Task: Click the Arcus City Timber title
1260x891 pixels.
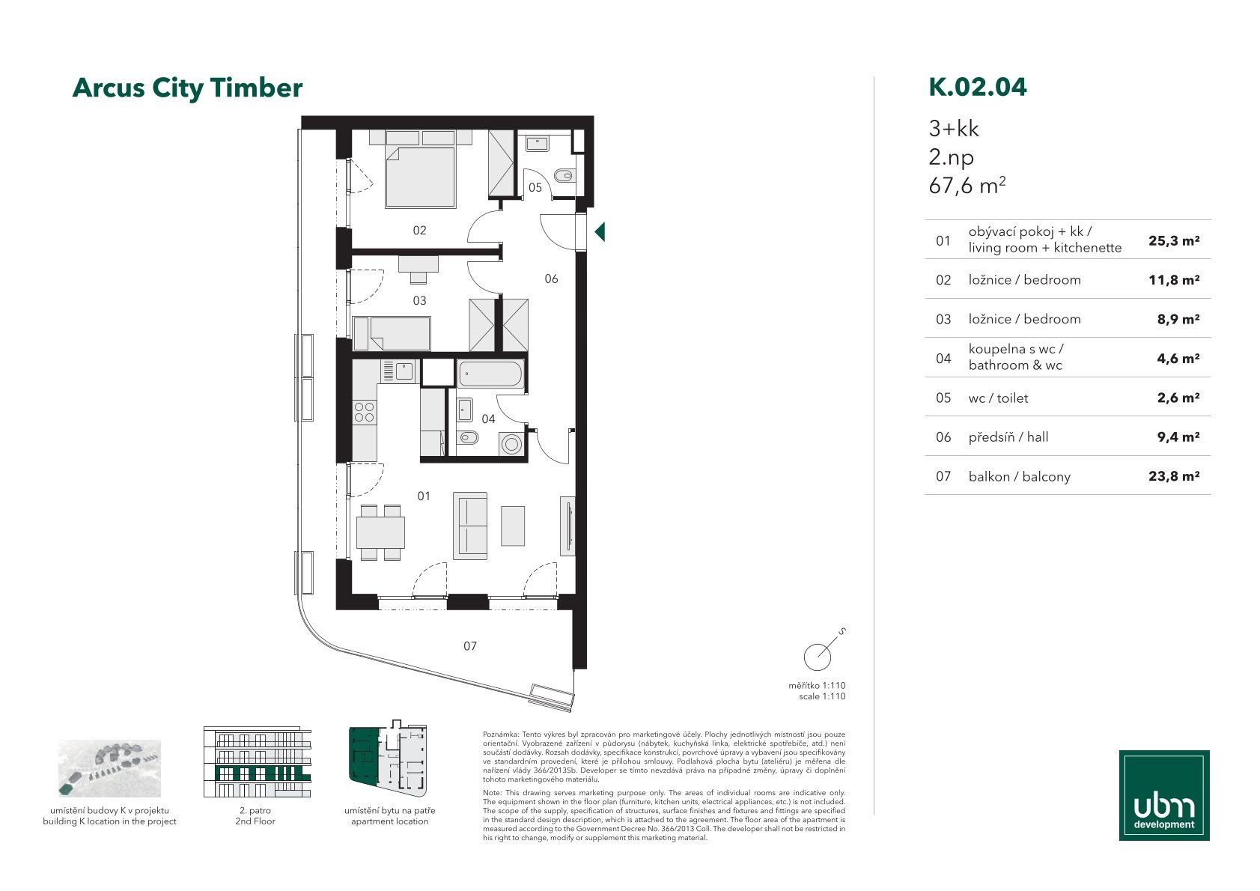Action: (187, 88)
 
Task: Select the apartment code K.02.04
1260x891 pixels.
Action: (978, 87)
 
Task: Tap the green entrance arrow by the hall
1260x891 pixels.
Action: (600, 232)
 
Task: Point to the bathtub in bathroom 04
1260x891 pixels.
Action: (490, 374)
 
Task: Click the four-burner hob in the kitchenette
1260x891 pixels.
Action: (364, 412)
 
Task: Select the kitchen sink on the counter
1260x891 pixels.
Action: (404, 371)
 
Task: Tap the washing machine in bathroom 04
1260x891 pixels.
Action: (511, 444)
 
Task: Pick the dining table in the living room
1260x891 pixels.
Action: (380, 532)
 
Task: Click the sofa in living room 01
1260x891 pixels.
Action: (470, 526)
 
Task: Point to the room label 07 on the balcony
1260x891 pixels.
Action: (470, 646)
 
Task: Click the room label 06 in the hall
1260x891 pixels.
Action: (551, 279)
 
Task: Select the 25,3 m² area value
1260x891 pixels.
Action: (1174, 241)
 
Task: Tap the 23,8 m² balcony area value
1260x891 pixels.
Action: (1174, 476)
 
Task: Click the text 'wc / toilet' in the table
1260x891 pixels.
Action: (998, 398)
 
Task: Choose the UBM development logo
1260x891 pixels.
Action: (1164, 795)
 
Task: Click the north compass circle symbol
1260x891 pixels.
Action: (817, 657)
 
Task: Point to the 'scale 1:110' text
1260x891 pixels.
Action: (822, 696)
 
